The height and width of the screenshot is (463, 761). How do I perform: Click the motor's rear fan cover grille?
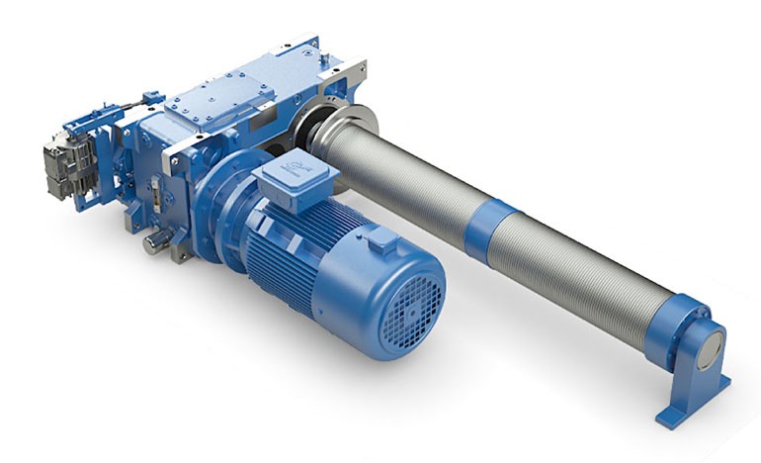[409, 311]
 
